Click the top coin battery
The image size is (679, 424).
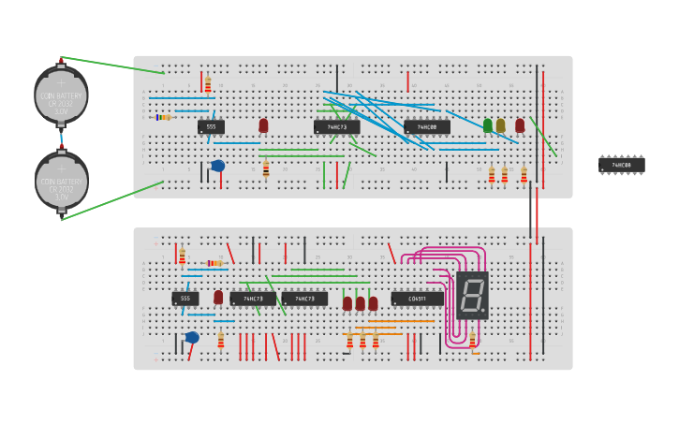point(61,95)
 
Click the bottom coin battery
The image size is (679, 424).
point(61,181)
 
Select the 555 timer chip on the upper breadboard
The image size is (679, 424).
point(211,126)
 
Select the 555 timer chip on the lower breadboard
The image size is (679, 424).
point(185,299)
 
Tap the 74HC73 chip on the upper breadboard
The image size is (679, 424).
point(336,126)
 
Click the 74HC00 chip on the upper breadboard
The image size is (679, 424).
point(426,126)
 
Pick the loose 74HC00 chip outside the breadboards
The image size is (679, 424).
point(621,165)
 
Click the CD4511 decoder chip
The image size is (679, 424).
point(417,299)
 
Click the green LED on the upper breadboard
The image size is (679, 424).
point(487,124)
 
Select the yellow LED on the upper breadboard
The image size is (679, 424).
point(500,124)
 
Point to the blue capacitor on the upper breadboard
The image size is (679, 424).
point(217,166)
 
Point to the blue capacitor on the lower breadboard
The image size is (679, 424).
point(192,337)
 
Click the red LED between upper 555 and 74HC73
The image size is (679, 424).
point(263,124)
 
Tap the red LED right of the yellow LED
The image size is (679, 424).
point(520,124)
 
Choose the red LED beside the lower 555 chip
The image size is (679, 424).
point(218,297)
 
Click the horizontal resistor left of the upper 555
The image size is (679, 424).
point(165,117)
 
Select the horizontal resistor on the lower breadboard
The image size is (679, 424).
point(214,263)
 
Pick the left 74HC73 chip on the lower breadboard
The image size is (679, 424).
point(253,299)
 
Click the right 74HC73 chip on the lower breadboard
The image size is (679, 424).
point(304,299)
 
